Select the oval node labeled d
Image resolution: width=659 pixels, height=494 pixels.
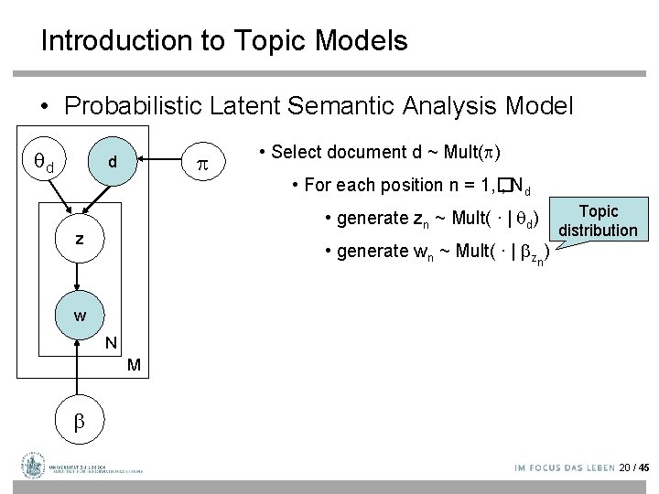112,162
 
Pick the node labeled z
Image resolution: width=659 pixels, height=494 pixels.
81,238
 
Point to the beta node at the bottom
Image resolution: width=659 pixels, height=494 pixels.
79,422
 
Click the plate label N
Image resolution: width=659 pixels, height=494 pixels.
110,343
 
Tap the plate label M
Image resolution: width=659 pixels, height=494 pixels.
134,365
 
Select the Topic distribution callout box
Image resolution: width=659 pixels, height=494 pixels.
600,220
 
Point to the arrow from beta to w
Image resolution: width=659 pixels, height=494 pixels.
80,370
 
